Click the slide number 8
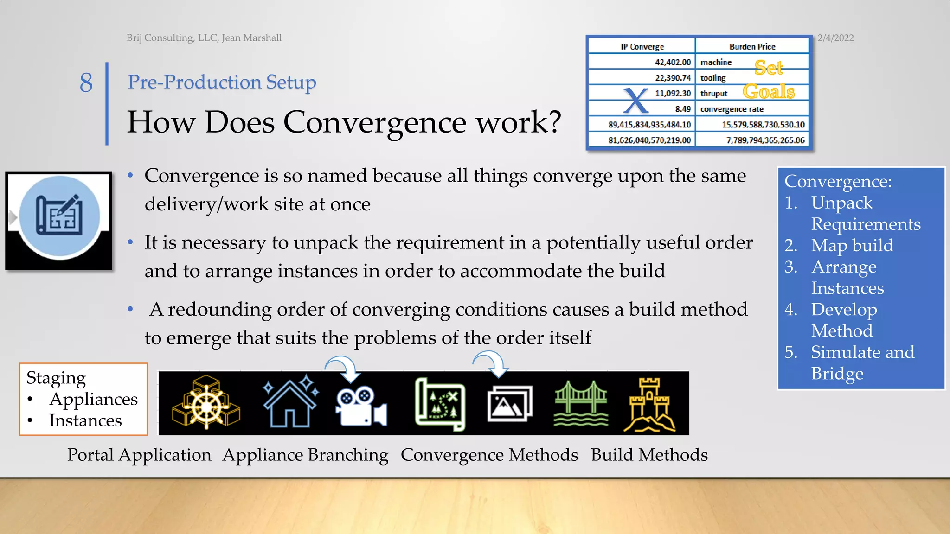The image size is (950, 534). click(x=86, y=83)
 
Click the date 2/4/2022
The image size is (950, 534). click(x=835, y=38)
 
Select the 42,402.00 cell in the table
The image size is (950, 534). click(x=672, y=62)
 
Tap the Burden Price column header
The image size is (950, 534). click(x=752, y=46)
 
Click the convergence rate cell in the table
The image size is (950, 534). click(x=732, y=109)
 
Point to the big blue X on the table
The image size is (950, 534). click(x=635, y=101)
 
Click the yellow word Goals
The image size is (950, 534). click(x=769, y=91)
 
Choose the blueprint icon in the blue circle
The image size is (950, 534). click(x=59, y=216)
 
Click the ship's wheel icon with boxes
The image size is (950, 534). click(x=206, y=402)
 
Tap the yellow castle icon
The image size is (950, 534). click(x=649, y=404)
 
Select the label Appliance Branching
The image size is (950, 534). click(x=305, y=455)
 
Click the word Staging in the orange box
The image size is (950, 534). click(x=56, y=378)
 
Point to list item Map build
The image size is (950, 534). click(x=852, y=245)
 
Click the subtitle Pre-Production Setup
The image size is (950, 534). click(x=222, y=82)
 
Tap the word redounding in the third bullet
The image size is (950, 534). click(x=219, y=309)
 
